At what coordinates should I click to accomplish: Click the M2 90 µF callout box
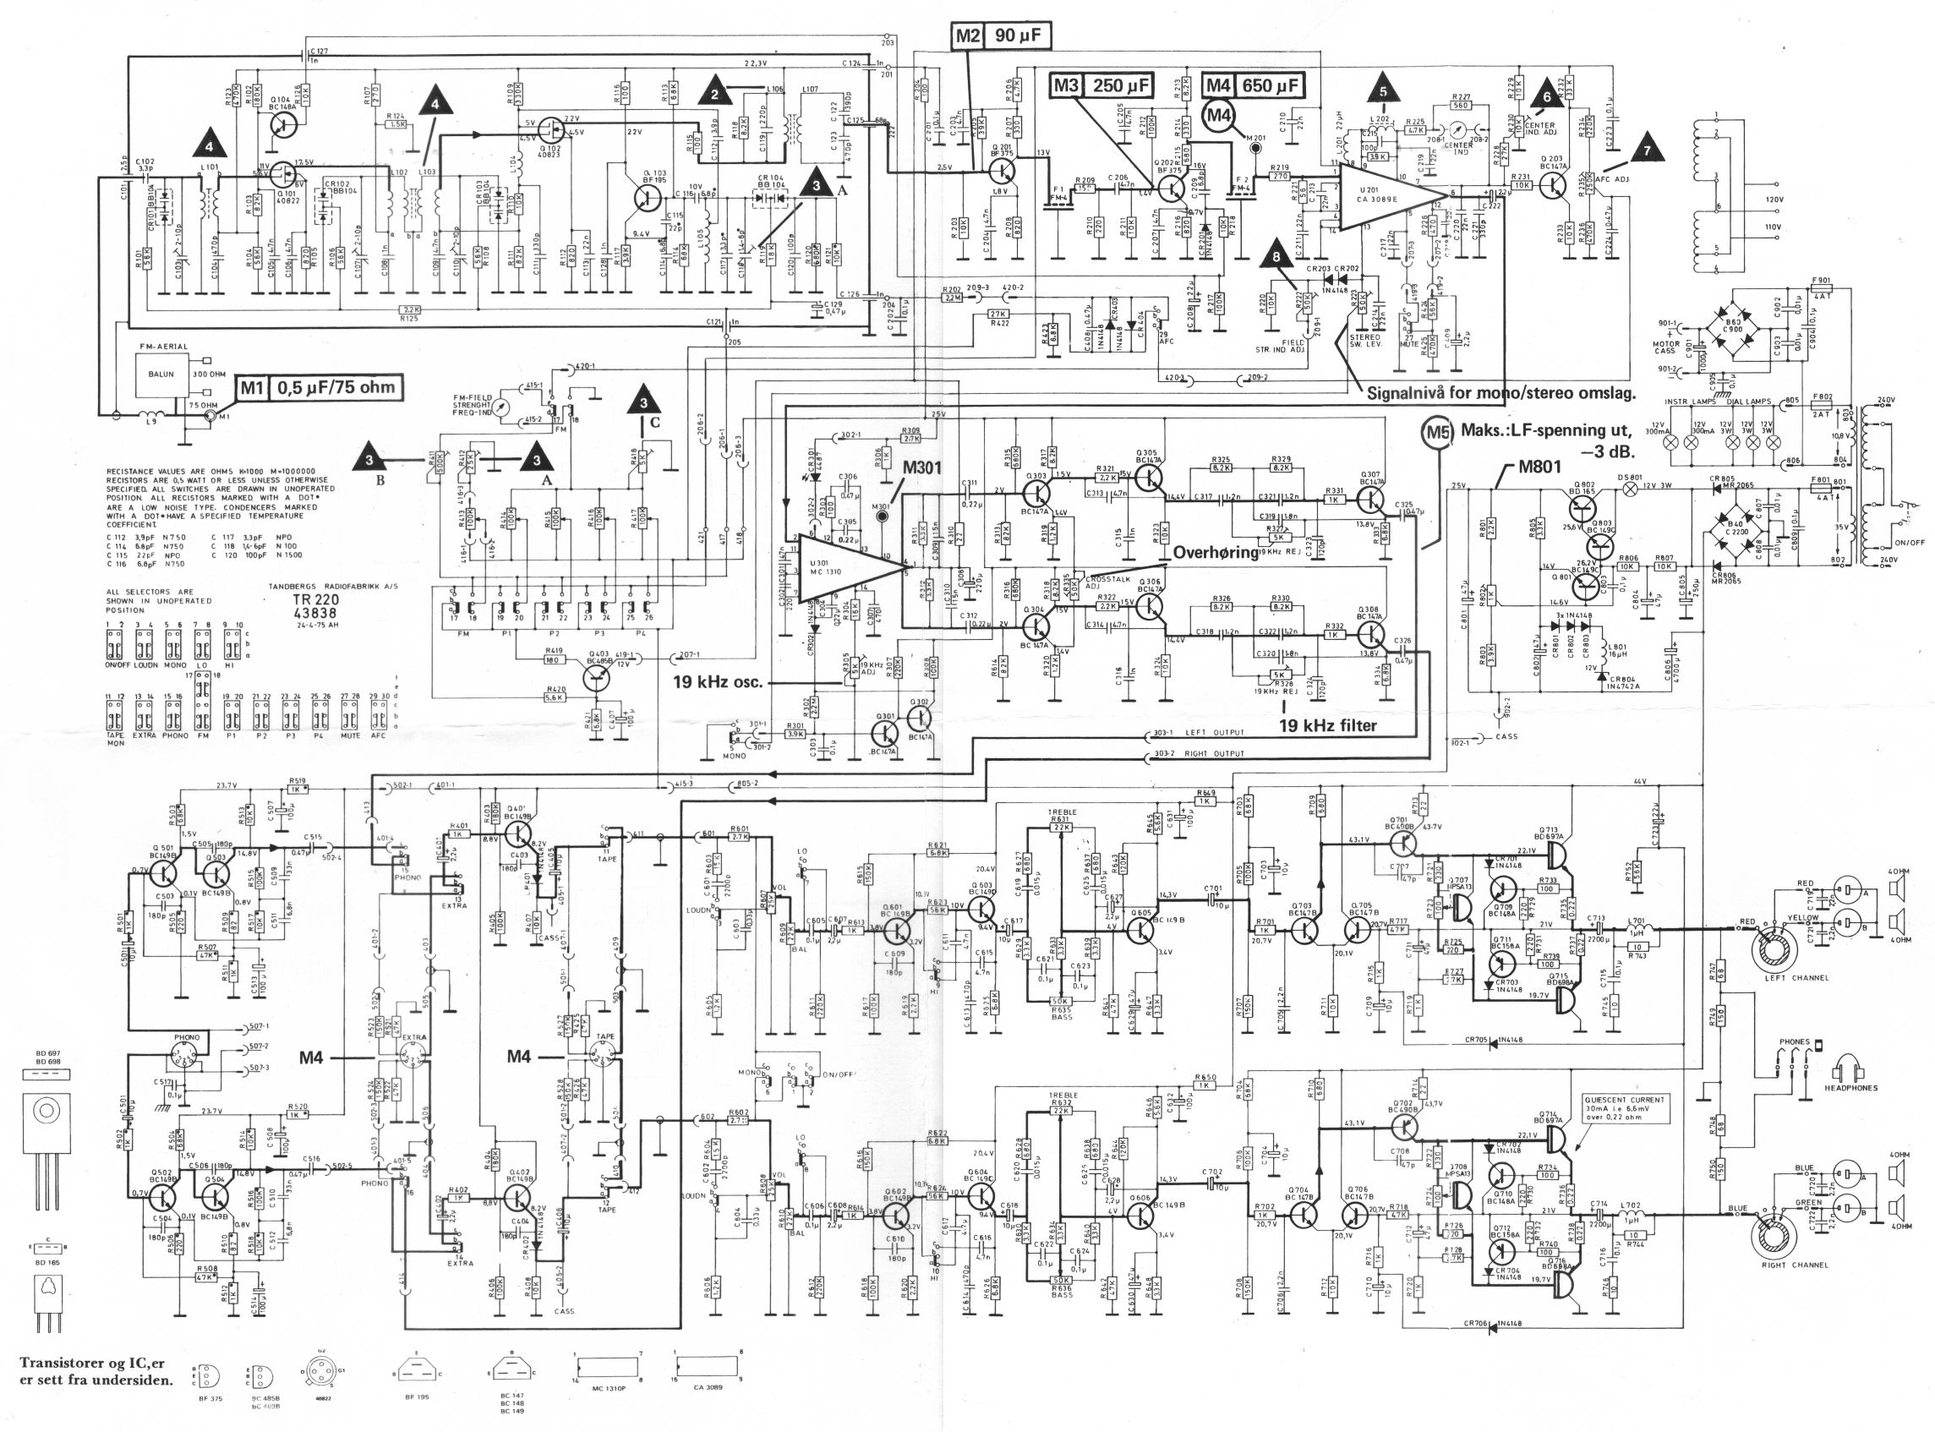tap(1000, 36)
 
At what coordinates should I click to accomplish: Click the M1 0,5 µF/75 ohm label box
tap(324, 387)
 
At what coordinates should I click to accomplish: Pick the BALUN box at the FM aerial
tap(161, 374)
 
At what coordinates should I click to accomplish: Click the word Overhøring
tap(1215, 552)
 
